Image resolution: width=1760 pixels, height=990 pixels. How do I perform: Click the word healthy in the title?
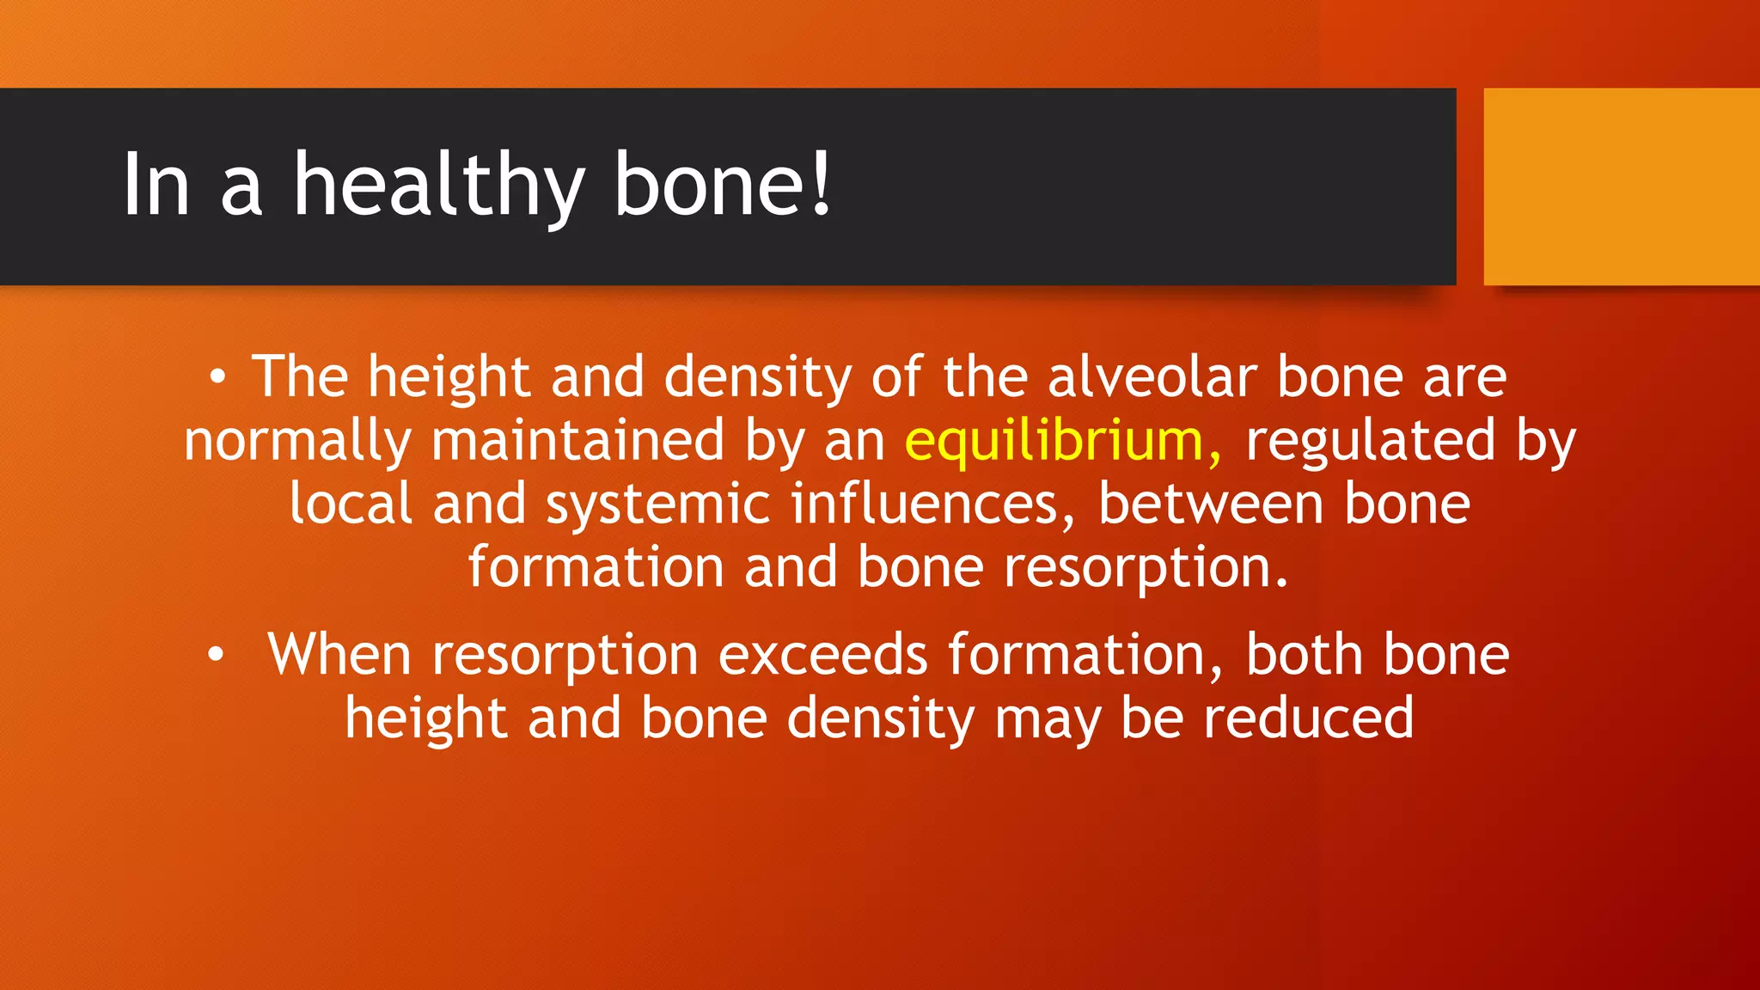(x=439, y=185)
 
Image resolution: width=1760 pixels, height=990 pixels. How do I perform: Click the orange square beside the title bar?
(x=1621, y=186)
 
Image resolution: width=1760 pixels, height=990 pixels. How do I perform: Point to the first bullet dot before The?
(x=218, y=377)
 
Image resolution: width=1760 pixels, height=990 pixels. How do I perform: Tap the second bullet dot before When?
(x=216, y=656)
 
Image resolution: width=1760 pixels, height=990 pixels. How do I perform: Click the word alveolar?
(x=1152, y=377)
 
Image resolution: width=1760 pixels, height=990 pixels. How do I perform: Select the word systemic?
(x=657, y=504)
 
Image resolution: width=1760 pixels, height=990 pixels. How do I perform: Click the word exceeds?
(x=822, y=656)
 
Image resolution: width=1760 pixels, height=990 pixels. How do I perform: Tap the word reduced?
(x=1308, y=718)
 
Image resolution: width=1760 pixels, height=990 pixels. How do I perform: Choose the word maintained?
(x=578, y=441)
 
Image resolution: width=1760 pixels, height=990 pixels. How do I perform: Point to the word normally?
(x=297, y=443)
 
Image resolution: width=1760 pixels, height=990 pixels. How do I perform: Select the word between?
(x=1210, y=504)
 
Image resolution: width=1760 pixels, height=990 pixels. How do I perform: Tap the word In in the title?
(x=156, y=185)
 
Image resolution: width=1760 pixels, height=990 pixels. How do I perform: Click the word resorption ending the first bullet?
(x=1146, y=570)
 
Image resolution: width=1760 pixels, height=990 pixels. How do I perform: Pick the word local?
(x=351, y=504)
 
